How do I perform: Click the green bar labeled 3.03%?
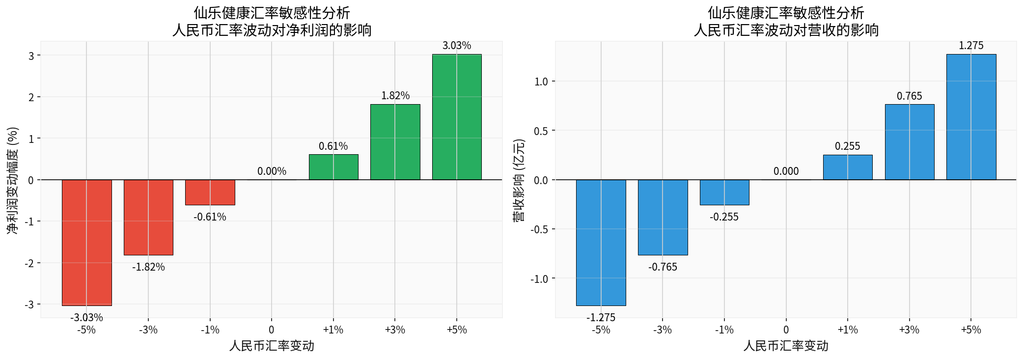[x=457, y=117]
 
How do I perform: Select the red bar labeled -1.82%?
[x=148, y=217]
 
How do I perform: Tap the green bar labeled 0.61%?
[x=333, y=167]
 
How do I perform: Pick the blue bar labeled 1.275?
[x=971, y=117]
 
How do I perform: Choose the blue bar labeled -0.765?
[x=663, y=217]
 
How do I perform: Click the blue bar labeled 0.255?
[x=848, y=167]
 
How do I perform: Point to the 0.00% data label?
[x=272, y=171]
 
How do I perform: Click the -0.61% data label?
[x=210, y=217]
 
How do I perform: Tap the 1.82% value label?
[x=395, y=96]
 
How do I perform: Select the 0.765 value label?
[x=910, y=96]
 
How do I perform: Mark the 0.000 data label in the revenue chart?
[x=786, y=171]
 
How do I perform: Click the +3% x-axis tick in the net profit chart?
[x=395, y=330]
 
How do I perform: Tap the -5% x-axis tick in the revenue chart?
[x=601, y=330]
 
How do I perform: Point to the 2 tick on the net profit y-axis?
[x=31, y=97]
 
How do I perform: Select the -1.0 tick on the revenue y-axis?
[x=540, y=279]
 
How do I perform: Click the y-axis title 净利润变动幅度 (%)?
[x=13, y=180]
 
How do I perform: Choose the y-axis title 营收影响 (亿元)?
[x=519, y=180]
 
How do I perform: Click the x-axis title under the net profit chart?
[x=272, y=346]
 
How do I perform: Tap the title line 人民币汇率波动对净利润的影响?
[x=272, y=30]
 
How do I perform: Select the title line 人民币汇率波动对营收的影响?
[x=786, y=30]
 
